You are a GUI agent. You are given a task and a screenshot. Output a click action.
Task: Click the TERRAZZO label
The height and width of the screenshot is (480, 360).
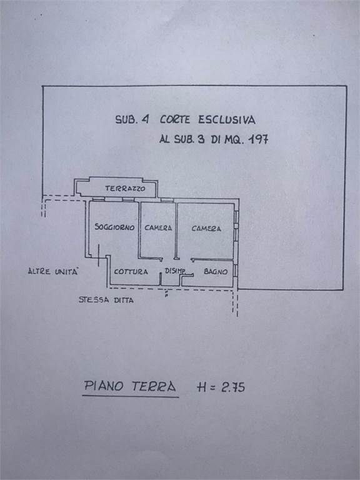125,189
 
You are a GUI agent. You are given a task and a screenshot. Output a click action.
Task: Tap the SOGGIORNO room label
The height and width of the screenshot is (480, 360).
114,227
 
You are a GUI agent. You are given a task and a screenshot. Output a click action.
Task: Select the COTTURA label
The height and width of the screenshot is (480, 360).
131,271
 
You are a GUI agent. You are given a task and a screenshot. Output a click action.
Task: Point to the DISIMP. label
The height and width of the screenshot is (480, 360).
175,271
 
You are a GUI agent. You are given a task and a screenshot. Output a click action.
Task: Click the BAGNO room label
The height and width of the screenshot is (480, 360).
216,271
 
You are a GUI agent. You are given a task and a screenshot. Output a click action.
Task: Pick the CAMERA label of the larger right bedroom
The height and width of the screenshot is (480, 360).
206,228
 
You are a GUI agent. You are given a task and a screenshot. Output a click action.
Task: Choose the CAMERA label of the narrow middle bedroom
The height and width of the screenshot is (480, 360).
158,227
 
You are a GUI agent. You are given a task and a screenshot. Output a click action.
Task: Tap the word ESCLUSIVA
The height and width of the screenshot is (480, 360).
226,119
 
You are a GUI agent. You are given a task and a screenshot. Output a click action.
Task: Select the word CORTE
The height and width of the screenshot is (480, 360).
175,119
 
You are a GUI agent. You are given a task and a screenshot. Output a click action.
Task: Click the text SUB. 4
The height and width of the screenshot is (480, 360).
132,119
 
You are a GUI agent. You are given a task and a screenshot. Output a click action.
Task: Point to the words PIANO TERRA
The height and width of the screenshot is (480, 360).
130,386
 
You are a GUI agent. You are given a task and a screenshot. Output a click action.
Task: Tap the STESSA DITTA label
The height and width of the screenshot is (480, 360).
106,300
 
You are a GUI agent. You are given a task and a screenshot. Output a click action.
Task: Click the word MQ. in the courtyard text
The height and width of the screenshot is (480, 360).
234,139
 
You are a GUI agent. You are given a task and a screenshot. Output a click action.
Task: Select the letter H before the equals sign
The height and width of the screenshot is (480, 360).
202,387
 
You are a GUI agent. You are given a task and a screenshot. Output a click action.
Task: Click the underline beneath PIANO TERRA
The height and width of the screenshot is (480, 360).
131,397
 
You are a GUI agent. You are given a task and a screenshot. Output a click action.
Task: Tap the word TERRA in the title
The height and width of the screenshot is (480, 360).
154,387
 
